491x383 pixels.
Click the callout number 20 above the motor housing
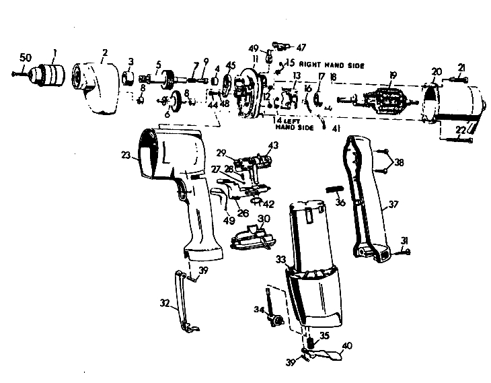click(437, 71)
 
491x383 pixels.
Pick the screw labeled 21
click(455, 80)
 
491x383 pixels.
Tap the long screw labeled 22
click(455, 139)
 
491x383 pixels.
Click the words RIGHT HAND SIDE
click(330, 65)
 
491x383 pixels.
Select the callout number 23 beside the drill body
click(124, 154)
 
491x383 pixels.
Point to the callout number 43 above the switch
click(272, 145)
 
